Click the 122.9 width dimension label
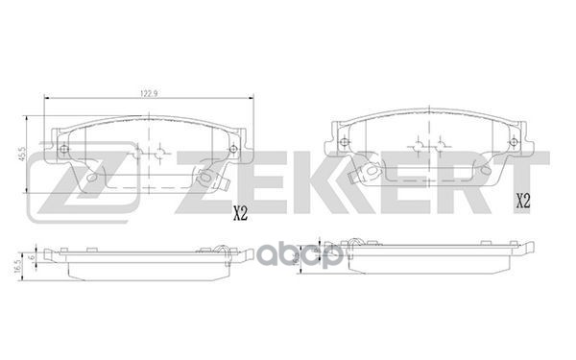tap(147, 93)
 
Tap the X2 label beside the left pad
tap(240, 216)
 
